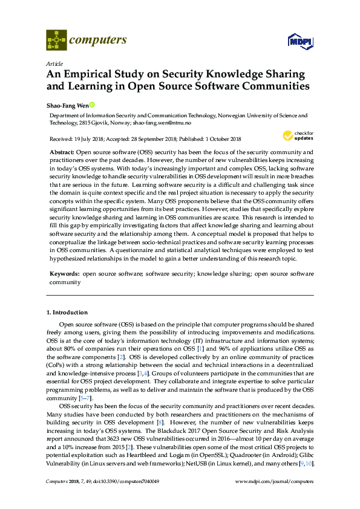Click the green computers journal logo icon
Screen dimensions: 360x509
[56, 41]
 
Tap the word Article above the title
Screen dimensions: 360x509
[54, 63]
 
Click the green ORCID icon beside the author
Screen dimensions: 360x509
[93, 104]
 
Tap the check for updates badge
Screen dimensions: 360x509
[296, 135]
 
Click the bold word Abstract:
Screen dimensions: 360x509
[62, 152]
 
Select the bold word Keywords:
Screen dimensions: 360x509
[64, 274]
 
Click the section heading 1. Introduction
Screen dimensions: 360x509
[67, 313]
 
